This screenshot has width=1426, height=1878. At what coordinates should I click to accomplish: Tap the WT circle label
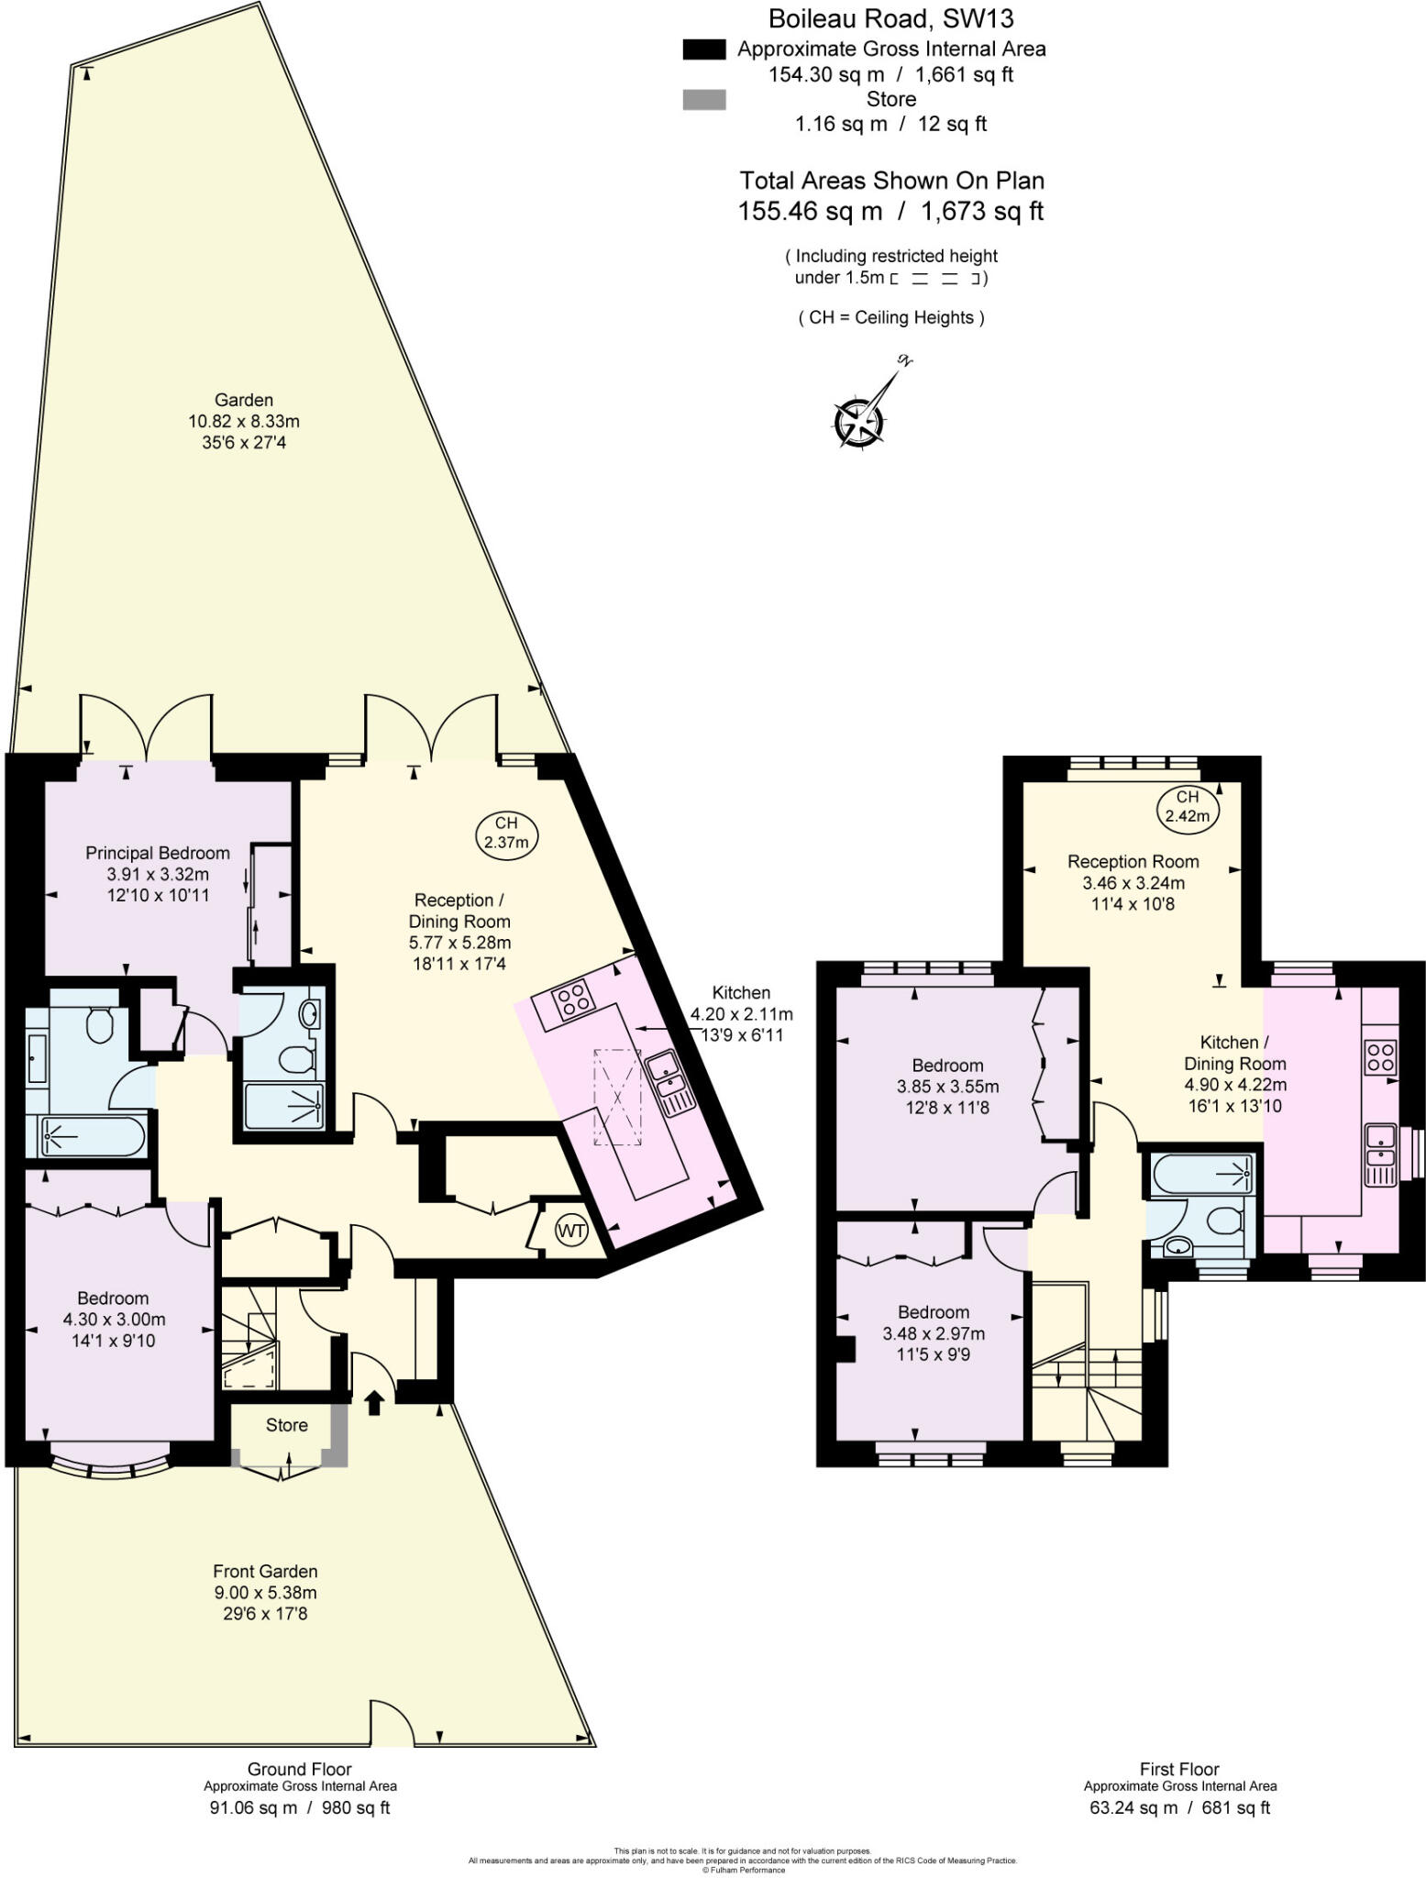point(571,1231)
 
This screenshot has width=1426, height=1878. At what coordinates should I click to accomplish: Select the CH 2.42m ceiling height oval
point(1187,806)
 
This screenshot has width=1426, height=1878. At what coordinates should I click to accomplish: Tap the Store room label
point(286,1425)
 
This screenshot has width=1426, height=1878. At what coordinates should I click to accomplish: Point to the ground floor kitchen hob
point(573,999)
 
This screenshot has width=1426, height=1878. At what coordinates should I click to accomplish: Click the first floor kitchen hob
point(1381,1055)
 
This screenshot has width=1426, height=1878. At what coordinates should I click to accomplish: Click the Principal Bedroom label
point(158,853)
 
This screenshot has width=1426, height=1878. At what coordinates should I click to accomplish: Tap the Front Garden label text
point(265,1572)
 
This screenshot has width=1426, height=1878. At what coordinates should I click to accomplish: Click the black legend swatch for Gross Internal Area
point(704,50)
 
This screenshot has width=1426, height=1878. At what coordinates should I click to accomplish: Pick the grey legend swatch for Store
point(704,99)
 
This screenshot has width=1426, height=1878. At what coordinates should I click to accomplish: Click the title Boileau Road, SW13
point(890,17)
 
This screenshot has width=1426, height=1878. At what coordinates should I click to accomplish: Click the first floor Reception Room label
point(1133,861)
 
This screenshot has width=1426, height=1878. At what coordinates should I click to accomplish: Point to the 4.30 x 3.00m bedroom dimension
point(114,1320)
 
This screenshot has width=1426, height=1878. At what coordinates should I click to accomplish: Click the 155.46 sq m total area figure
point(810,212)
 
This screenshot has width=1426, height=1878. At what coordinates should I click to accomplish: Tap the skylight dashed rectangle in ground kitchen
point(617,1097)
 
